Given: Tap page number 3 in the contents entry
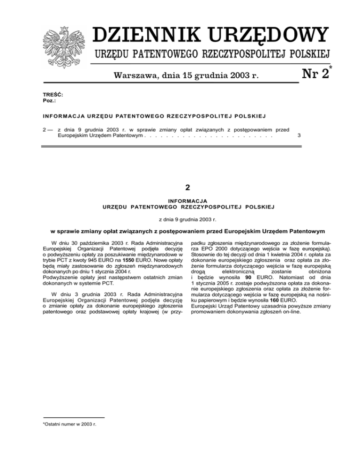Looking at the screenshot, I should point(299,135).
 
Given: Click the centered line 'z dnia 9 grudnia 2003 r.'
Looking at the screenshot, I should point(187,218).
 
